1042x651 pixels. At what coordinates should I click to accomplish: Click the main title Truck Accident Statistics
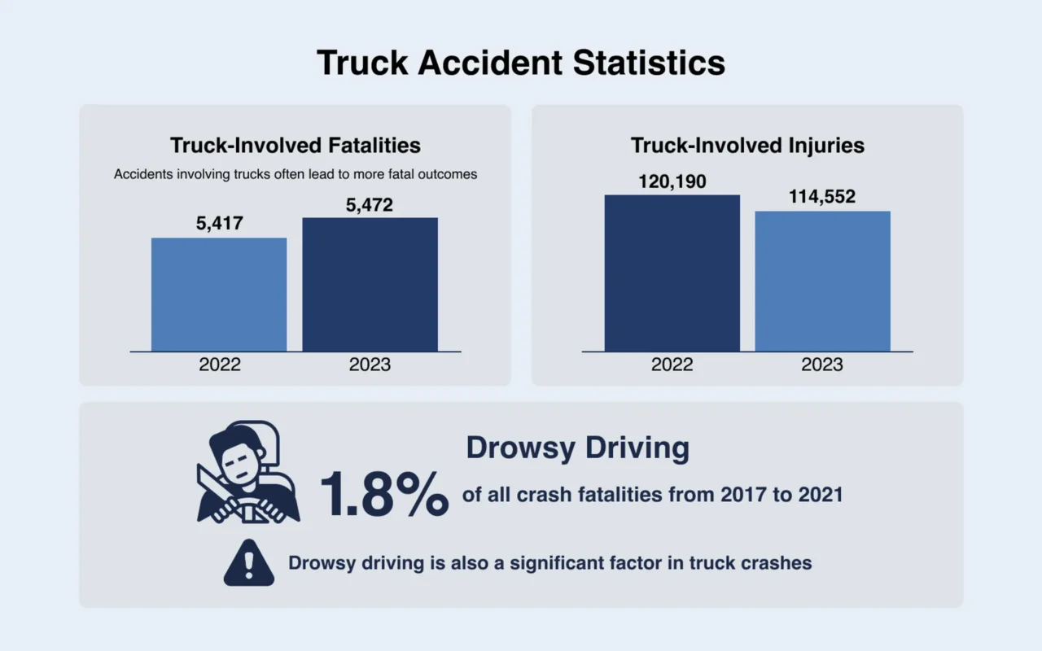pos(520,63)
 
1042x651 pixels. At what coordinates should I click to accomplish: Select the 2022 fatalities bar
pos(219,295)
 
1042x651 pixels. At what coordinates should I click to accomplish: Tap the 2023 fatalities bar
pos(370,285)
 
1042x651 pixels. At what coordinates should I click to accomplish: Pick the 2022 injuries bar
pos(672,273)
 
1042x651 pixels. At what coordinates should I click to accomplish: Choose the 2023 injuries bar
pos(822,282)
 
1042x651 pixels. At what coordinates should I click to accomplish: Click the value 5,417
pos(219,223)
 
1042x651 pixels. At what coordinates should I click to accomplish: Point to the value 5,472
pos(370,205)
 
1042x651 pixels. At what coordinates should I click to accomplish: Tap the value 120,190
pos(672,181)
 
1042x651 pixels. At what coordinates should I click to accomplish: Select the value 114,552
pos(822,197)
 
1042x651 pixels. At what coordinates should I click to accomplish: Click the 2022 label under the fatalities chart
pos(220,365)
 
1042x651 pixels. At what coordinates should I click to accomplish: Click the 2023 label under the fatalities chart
pos(370,365)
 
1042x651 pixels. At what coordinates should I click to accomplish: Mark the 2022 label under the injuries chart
pos(672,365)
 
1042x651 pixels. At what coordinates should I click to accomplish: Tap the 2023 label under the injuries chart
pos(822,365)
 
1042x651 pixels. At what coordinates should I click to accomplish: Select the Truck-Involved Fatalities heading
pos(296,146)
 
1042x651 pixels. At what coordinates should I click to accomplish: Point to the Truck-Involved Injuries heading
pos(747,146)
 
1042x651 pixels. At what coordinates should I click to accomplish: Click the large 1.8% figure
pos(383,494)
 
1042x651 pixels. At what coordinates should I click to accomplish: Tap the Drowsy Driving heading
pos(577,448)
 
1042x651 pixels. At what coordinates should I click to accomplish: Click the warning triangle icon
pos(249,562)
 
